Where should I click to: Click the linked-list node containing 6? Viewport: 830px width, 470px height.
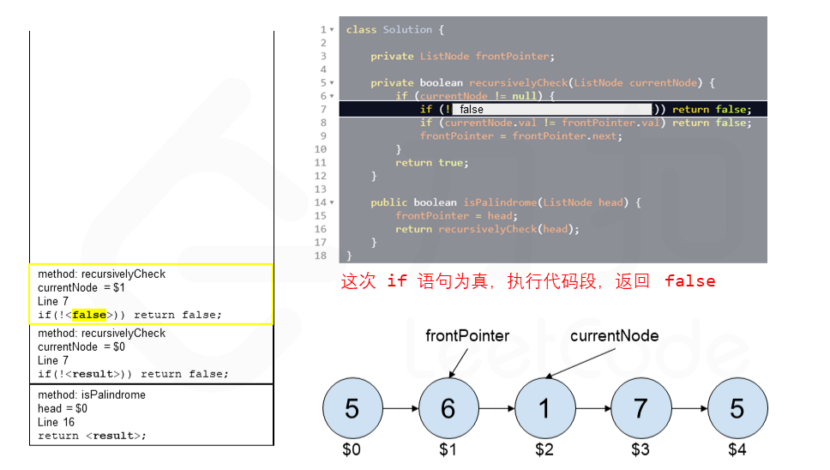(448, 409)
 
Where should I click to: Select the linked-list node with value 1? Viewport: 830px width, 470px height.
(544, 409)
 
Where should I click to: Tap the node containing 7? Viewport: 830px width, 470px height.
(641, 409)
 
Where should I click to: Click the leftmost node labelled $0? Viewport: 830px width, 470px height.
(352, 409)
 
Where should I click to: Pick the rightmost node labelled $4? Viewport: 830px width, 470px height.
(737, 409)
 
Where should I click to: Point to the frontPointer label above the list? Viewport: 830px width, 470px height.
(467, 336)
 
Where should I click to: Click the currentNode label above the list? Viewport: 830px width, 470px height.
(614, 336)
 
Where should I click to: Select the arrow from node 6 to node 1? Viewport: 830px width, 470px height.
(496, 409)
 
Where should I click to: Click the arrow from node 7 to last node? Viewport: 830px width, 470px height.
(689, 409)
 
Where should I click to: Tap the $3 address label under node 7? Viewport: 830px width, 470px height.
(641, 449)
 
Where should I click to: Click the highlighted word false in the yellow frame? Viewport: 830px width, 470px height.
(89, 315)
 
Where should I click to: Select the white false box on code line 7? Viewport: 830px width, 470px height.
(552, 109)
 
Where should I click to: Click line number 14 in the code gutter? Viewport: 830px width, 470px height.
(320, 202)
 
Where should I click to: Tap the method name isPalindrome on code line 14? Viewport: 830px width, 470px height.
(499, 202)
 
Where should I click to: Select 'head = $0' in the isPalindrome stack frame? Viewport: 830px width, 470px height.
(63, 408)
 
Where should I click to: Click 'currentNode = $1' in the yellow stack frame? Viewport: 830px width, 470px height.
(81, 288)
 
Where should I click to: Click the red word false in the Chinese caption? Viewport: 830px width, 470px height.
(689, 281)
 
